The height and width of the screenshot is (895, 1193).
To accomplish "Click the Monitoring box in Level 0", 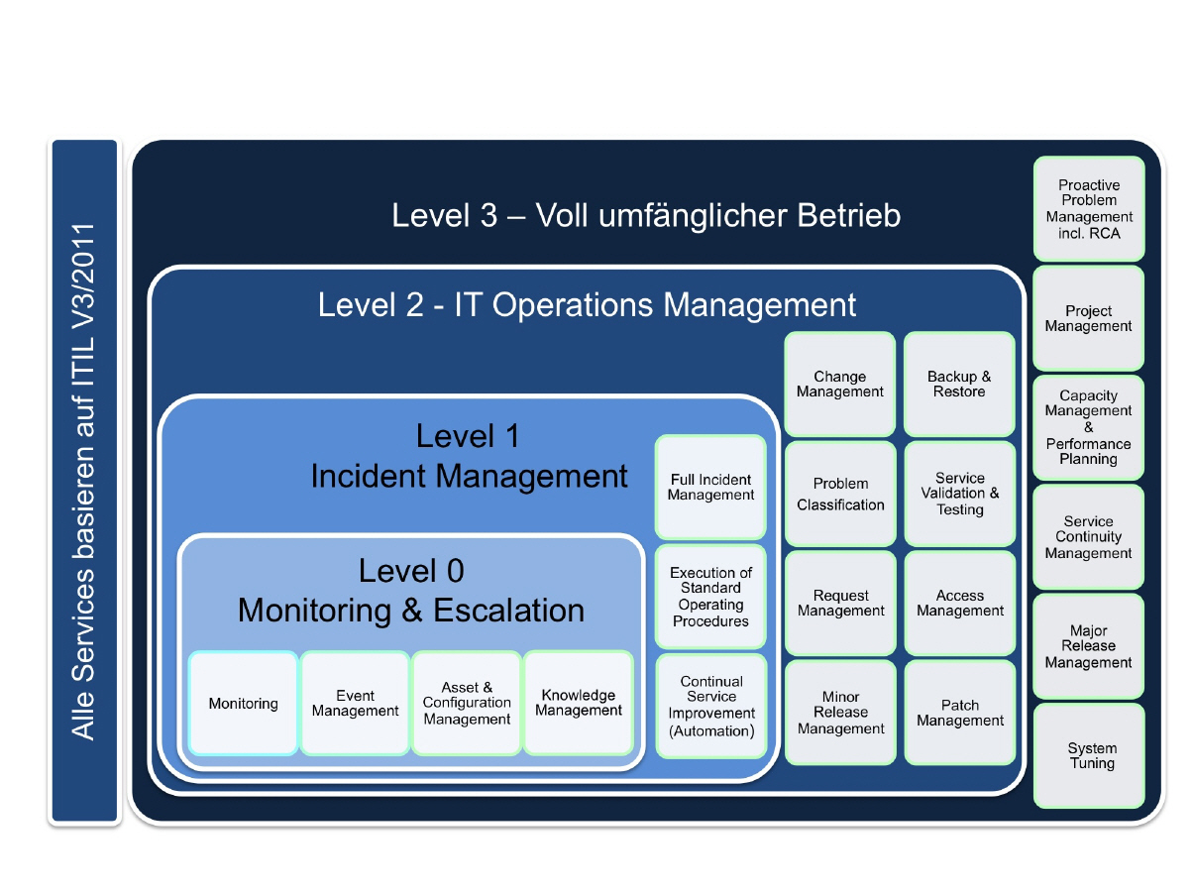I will [243, 703].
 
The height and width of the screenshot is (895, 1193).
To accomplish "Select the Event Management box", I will [355, 703].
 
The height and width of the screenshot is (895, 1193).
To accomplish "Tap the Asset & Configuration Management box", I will [467, 703].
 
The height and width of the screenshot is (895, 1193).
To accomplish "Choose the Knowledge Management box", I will [579, 702].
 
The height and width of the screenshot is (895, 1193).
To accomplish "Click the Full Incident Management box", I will [710, 487].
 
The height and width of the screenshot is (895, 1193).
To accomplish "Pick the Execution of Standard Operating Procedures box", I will [710, 596].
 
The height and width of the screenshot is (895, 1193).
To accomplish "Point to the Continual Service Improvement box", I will [710, 706].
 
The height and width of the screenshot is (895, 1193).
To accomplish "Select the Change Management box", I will [840, 384].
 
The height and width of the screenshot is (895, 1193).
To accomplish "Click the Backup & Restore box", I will [959, 384].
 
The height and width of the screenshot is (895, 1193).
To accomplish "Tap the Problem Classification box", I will [840, 494].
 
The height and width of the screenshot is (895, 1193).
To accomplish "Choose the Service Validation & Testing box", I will [959, 494].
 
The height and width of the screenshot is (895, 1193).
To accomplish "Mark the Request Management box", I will [840, 603].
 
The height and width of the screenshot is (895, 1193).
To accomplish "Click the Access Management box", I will [959, 603].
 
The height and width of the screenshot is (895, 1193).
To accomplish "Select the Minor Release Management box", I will [840, 713].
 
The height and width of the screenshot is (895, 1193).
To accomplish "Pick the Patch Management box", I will [959, 713].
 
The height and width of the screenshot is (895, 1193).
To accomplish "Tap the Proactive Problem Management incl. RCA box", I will [1088, 208].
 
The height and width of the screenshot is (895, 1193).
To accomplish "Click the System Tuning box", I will [1089, 755].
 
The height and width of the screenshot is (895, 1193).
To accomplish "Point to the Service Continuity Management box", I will [1088, 536].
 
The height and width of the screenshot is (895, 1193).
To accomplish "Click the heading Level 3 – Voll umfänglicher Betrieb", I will [646, 215].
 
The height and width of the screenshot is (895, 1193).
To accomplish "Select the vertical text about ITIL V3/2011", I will [84, 482].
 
